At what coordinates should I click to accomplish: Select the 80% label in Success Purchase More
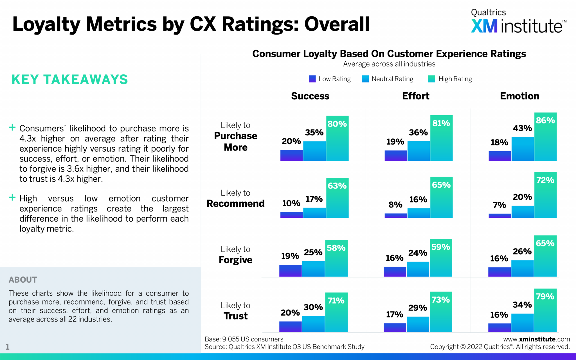(x=337, y=124)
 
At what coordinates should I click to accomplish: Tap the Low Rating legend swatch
(x=312, y=79)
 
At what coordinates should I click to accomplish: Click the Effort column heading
(x=415, y=96)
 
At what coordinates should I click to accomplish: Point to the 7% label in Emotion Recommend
(x=499, y=205)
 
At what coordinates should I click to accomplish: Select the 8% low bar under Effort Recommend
(x=395, y=215)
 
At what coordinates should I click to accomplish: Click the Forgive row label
(x=235, y=260)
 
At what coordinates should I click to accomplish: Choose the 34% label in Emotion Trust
(x=522, y=305)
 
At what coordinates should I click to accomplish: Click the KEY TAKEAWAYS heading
(x=70, y=80)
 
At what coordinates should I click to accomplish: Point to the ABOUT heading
(x=23, y=280)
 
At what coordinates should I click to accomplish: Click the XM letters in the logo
(x=484, y=26)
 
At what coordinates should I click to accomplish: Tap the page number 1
(x=8, y=347)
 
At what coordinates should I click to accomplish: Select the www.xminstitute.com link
(x=536, y=339)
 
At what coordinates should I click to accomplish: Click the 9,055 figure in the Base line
(x=231, y=339)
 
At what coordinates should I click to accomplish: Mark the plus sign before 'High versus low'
(x=12, y=197)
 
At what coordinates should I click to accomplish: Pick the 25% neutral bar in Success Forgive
(x=313, y=269)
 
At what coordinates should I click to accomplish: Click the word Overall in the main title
(x=337, y=24)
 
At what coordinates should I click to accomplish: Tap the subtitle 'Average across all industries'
(x=389, y=64)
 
